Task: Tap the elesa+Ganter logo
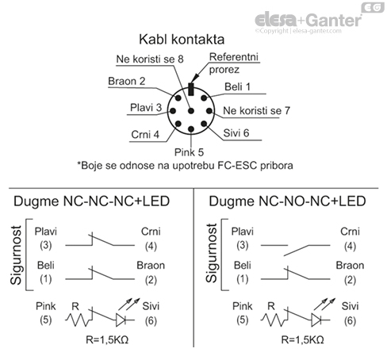pos(305,18)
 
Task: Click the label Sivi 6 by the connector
pos(236,132)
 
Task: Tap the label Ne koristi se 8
pos(150,59)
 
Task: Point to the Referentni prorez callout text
pos(239,63)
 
